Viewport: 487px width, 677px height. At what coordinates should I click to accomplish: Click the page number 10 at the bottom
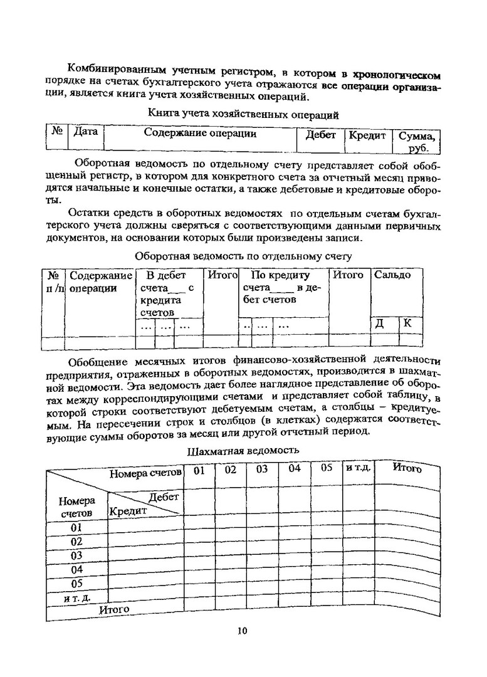click(x=243, y=631)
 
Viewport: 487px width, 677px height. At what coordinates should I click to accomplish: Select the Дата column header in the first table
click(x=86, y=134)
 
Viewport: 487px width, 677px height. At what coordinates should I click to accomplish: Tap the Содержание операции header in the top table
click(x=200, y=133)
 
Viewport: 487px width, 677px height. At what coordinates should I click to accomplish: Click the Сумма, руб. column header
click(x=416, y=141)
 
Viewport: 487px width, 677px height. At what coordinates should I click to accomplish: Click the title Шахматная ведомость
click(x=243, y=450)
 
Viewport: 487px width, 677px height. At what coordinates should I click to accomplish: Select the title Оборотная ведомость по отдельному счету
click(x=243, y=256)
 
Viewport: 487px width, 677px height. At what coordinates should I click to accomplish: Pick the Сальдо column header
click(x=392, y=275)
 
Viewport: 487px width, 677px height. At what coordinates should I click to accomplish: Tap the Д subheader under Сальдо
click(x=379, y=324)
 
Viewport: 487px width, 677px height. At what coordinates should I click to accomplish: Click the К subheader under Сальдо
click(x=408, y=323)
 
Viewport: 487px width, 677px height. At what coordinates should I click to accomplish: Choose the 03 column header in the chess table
click(x=262, y=469)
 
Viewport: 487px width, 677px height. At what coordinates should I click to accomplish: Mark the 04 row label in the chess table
click(x=77, y=570)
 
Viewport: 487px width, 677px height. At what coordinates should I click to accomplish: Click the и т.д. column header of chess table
click(x=358, y=468)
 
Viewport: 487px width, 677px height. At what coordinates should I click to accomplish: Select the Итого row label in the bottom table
click(x=114, y=609)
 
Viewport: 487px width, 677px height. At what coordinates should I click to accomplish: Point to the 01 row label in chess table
click(x=77, y=528)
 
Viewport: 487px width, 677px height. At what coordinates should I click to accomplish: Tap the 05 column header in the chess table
click(x=327, y=468)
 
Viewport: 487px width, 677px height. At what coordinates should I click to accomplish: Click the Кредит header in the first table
click(x=367, y=135)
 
